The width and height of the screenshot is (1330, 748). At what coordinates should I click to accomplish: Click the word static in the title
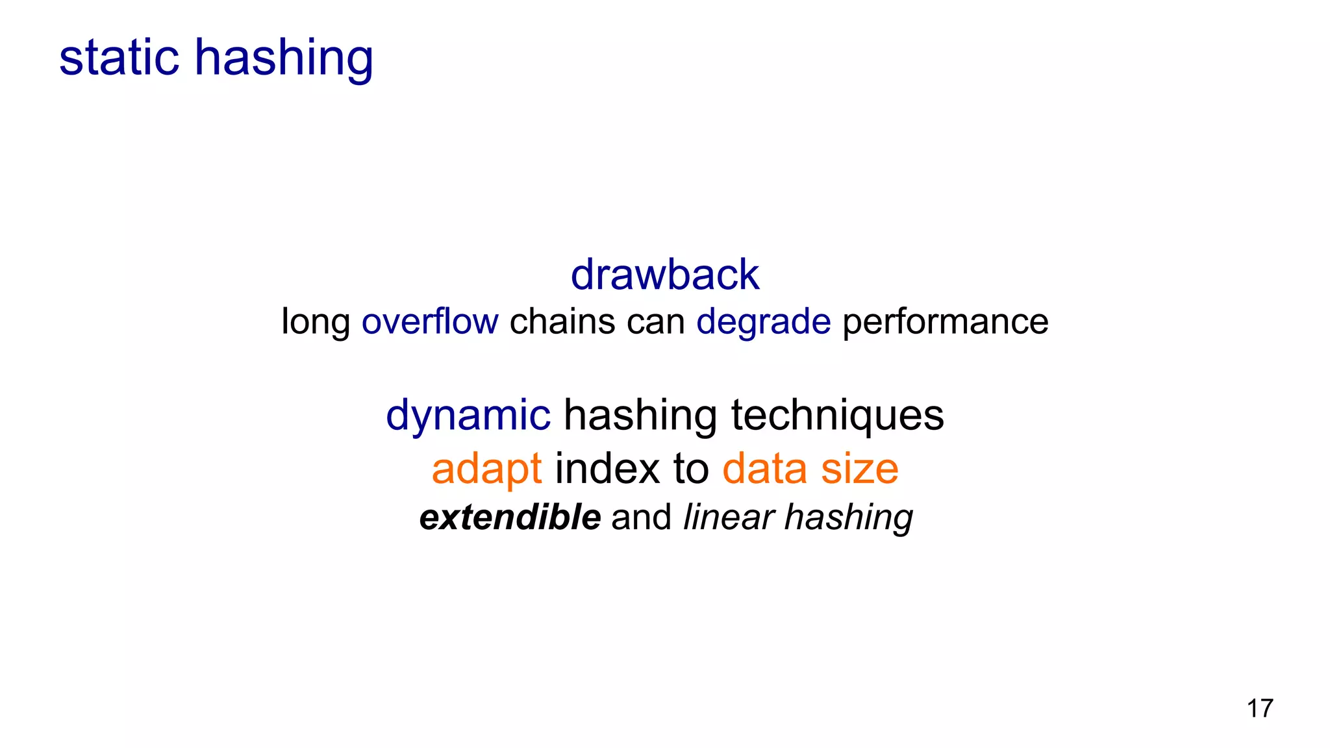pos(119,57)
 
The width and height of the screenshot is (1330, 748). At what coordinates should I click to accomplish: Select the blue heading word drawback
pos(664,274)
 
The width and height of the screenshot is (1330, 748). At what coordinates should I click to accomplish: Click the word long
pos(315,322)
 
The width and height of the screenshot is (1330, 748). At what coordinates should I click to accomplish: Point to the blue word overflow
pos(430,321)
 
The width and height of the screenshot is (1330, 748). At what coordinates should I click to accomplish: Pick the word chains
pos(562,321)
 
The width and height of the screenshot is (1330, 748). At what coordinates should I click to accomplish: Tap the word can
pos(655,321)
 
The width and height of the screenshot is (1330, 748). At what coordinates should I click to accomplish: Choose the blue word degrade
pos(763,322)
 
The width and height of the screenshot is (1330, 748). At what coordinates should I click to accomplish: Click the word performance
pos(945,322)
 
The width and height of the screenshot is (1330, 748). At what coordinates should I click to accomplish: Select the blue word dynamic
pos(468,416)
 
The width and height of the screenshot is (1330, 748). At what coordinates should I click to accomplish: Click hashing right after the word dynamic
pos(640,416)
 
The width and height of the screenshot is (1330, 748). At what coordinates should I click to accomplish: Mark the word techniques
pos(837,416)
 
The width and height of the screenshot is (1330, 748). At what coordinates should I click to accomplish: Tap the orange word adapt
pos(486,469)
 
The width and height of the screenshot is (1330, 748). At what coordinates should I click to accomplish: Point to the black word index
pos(607,468)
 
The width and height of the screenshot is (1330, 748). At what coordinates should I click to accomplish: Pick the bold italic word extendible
pos(510,517)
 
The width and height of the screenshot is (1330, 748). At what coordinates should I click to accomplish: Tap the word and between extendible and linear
pos(641,517)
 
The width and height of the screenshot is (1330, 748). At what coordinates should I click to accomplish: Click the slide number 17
pos(1260,708)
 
